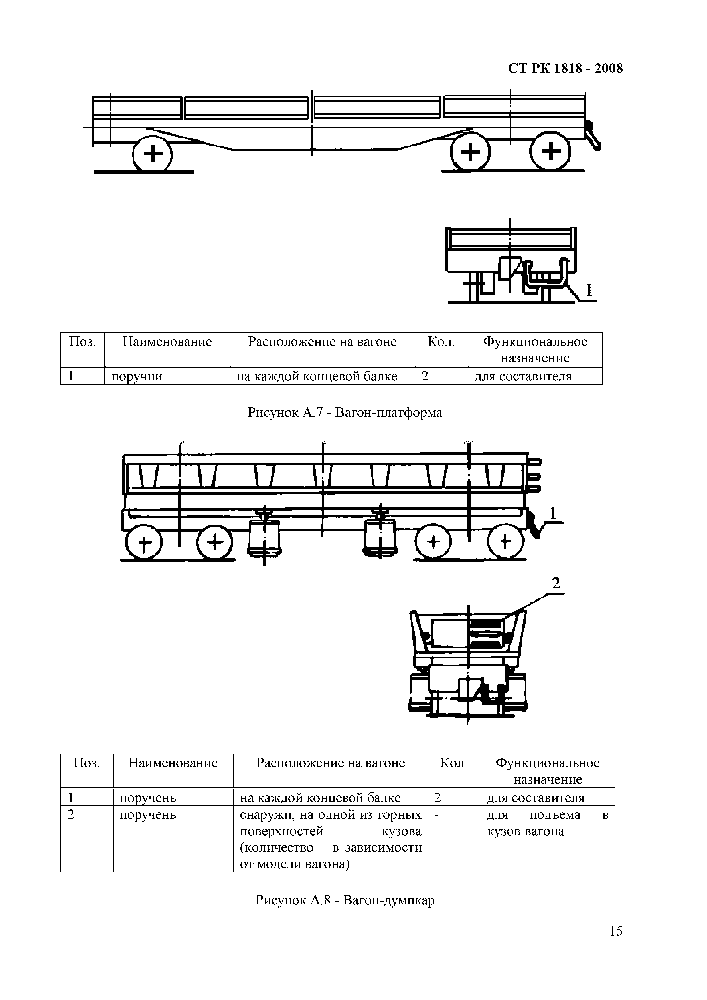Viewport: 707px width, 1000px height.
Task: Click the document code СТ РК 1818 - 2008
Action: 565,69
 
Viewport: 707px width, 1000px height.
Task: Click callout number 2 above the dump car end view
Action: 556,583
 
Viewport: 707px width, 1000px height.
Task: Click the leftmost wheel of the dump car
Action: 144,543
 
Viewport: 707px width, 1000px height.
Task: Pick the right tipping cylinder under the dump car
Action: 380,536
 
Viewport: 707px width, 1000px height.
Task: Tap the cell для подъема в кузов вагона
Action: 547,823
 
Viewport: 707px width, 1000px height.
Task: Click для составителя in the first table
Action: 523,376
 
